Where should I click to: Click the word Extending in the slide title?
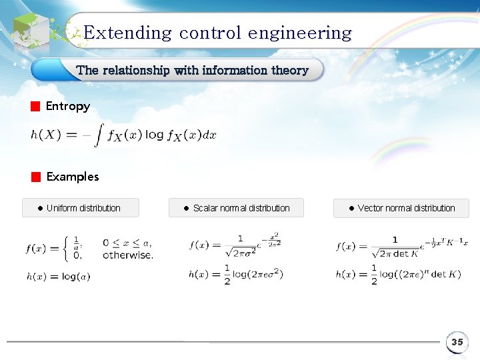pyautogui.click(x=127, y=33)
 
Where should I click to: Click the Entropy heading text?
pyautogui.click(x=67, y=107)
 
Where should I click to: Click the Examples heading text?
pyautogui.click(x=73, y=177)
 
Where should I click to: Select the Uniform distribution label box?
pyautogui.click(x=81, y=208)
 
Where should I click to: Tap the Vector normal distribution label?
pyautogui.click(x=401, y=208)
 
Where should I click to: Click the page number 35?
pyautogui.click(x=457, y=342)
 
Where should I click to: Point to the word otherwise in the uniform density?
pyautogui.click(x=128, y=255)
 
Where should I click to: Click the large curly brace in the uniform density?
pyautogui.click(x=65, y=248)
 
